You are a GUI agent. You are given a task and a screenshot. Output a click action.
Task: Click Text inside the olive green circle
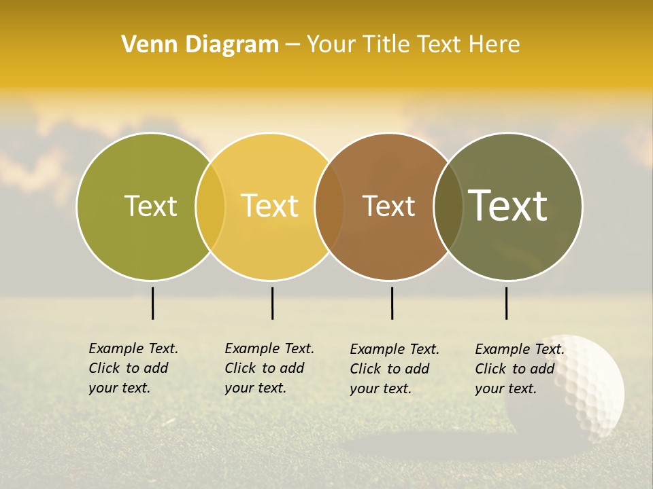coord(150,206)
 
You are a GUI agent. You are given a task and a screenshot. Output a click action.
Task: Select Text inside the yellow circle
coord(270,206)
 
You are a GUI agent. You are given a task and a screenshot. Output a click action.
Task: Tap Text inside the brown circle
coord(389,206)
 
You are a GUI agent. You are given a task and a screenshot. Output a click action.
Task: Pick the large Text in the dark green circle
coord(508,205)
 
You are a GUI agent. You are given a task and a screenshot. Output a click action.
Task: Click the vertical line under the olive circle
coord(153,303)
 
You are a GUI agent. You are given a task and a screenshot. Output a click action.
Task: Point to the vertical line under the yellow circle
coord(272,303)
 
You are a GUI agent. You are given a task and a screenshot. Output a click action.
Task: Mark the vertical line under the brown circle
coord(392,303)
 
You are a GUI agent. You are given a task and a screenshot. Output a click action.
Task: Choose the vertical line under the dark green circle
coord(506,303)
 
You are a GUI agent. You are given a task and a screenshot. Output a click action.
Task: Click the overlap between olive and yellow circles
coord(210,206)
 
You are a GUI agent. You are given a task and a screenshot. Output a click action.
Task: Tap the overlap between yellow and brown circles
coord(329,206)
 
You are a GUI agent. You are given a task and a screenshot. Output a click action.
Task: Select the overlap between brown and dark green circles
coord(448,206)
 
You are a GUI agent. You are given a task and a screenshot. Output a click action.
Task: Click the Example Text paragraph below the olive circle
coord(133,368)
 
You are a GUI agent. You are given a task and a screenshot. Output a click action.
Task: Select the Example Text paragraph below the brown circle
coord(394,369)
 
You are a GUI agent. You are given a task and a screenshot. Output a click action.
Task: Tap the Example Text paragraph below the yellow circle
coord(269,368)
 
